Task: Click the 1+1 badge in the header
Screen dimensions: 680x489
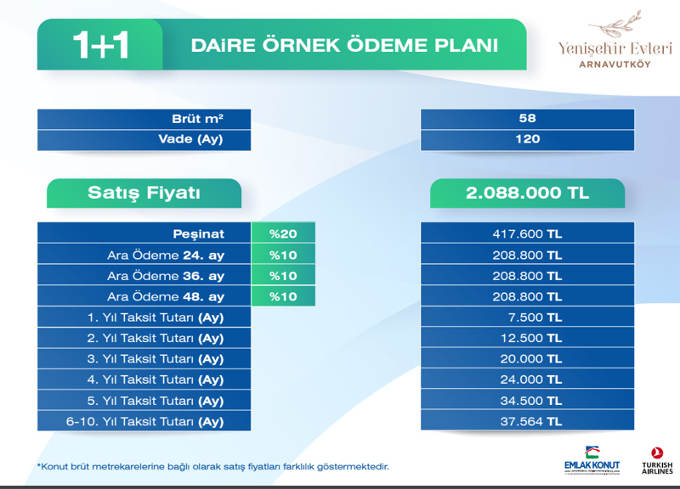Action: pyautogui.click(x=100, y=45)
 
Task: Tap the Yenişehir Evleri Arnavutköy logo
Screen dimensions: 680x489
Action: pyautogui.click(x=615, y=40)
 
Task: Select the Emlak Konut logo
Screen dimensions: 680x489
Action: pyautogui.click(x=592, y=460)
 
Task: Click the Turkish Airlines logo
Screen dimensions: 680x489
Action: pyautogui.click(x=657, y=461)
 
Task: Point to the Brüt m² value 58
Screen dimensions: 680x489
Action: pyautogui.click(x=527, y=118)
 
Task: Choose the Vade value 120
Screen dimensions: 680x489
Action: pyautogui.click(x=527, y=139)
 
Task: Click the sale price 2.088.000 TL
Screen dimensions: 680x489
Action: pyautogui.click(x=527, y=193)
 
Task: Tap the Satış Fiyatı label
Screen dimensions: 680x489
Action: pyautogui.click(x=144, y=193)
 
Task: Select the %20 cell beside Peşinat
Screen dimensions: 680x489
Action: pyautogui.click(x=283, y=234)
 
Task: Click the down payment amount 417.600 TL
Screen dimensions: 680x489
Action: pyautogui.click(x=527, y=234)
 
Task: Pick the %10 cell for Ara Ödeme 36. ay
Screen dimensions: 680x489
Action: pyautogui.click(x=283, y=276)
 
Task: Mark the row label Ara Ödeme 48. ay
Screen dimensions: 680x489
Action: pyautogui.click(x=166, y=296)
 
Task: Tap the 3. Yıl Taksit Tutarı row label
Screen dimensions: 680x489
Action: pyautogui.click(x=156, y=359)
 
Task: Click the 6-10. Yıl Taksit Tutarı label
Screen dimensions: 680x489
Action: pyautogui.click(x=144, y=422)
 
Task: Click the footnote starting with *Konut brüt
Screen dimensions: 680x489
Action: pyautogui.click(x=213, y=467)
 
